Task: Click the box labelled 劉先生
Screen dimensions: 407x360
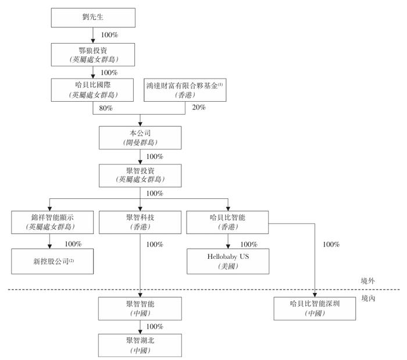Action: click(x=93, y=17)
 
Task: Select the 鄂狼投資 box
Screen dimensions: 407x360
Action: click(x=93, y=55)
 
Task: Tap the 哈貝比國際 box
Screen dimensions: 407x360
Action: click(x=92, y=90)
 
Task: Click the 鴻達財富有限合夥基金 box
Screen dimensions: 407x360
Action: click(x=185, y=90)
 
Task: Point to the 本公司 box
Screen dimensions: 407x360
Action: click(x=140, y=138)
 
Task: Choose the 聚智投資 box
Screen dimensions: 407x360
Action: click(x=140, y=176)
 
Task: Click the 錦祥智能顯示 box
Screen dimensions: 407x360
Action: click(x=52, y=222)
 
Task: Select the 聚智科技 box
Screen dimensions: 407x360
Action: click(x=140, y=222)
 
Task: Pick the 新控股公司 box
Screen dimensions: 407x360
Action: click(x=52, y=261)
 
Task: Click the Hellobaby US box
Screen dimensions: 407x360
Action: click(x=228, y=261)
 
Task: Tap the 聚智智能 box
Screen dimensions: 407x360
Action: click(x=140, y=309)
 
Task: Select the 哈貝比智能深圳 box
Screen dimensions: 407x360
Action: click(x=315, y=309)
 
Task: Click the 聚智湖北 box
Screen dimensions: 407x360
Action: click(x=140, y=345)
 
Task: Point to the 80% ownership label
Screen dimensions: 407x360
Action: click(x=106, y=108)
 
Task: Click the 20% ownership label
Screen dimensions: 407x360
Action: click(x=199, y=107)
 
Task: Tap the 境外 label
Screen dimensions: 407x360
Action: click(x=368, y=281)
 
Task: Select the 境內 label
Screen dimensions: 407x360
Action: click(x=368, y=298)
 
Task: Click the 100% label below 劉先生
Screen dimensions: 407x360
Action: click(x=109, y=35)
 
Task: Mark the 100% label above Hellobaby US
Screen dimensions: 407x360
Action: click(x=249, y=244)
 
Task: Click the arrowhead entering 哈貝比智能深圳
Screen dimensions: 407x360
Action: click(x=315, y=295)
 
